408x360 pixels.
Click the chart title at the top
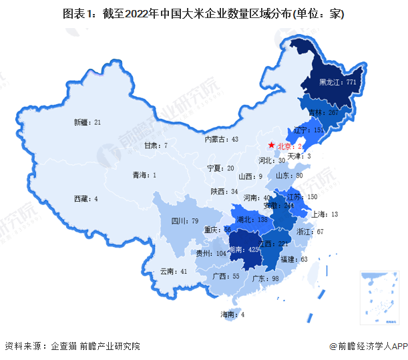(204, 14)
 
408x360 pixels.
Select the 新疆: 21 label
(87, 122)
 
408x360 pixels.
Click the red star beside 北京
(270, 145)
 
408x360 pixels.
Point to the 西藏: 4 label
(86, 198)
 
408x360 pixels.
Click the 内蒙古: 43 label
(221, 140)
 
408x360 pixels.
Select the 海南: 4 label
(233, 315)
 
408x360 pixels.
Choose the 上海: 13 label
(326, 214)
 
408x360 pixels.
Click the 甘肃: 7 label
(156, 145)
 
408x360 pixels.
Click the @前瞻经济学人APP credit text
(367, 345)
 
